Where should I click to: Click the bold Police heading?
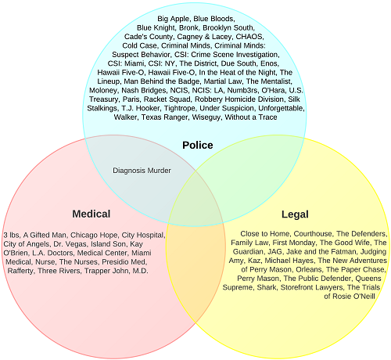click(x=198, y=145)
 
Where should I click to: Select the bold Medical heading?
click(x=91, y=214)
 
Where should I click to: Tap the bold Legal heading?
click(x=295, y=214)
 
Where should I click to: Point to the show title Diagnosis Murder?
click(x=142, y=171)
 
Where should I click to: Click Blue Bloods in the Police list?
click(x=213, y=19)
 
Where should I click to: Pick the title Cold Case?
click(x=139, y=45)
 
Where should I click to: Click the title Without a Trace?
click(x=251, y=117)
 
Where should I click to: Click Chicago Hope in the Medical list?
click(x=94, y=235)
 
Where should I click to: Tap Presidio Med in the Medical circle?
click(x=124, y=262)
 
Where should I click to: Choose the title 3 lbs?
click(x=11, y=235)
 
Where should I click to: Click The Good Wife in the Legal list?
click(x=345, y=243)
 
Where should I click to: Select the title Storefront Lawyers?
click(x=312, y=287)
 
